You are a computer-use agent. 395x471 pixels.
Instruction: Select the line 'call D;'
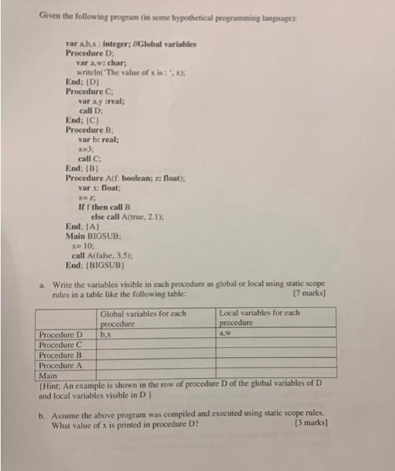click(91, 110)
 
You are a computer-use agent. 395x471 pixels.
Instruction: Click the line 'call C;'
click(91, 158)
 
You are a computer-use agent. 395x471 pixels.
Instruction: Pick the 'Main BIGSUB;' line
click(92, 236)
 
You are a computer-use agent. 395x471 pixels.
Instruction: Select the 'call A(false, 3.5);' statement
click(105, 256)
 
